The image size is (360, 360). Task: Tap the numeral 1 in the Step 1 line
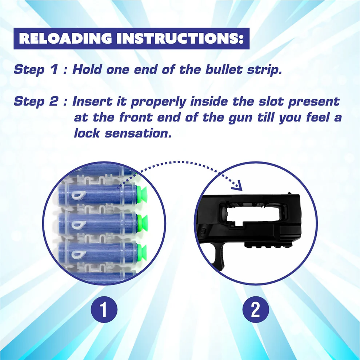(54, 69)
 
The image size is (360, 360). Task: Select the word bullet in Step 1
(224, 69)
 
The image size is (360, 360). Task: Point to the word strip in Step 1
(264, 70)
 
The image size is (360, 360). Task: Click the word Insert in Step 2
(92, 101)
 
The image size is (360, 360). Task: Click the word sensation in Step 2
(138, 133)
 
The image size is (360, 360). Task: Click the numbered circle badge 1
(104, 309)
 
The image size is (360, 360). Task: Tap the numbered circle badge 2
(256, 309)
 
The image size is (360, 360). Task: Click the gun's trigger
(219, 257)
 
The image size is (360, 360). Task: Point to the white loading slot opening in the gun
(253, 216)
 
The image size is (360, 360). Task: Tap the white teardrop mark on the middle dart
(79, 225)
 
